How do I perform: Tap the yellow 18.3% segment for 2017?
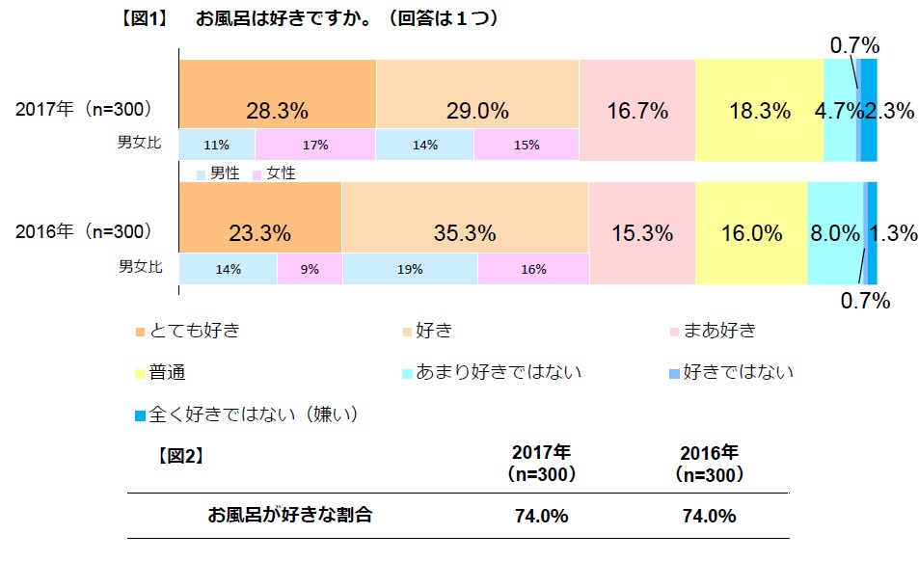point(759,109)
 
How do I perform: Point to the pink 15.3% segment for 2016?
point(641,232)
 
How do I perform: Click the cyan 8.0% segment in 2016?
point(835,232)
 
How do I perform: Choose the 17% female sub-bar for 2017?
point(314,145)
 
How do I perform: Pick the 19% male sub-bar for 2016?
point(410,270)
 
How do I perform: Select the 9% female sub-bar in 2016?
point(310,270)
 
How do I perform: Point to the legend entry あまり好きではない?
point(498,371)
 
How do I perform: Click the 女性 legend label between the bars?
point(281,174)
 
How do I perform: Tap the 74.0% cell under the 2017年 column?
point(541,516)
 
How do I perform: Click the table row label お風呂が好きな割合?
point(290,515)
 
